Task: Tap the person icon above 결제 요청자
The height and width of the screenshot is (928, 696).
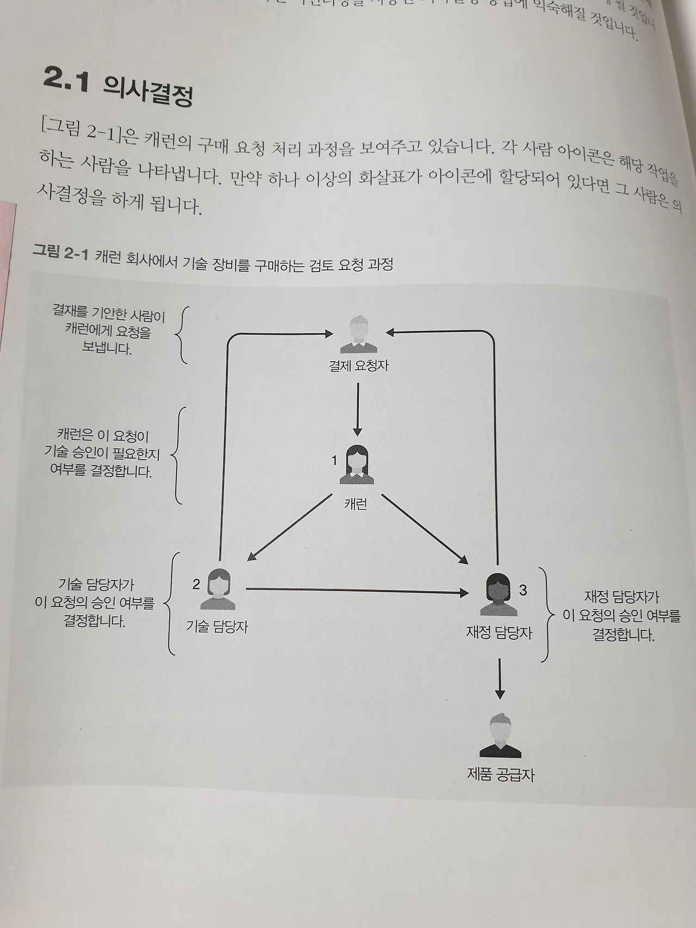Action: click(358, 334)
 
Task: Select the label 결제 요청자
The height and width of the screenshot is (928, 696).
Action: click(358, 366)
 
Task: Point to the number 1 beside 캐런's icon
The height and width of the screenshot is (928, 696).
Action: click(334, 460)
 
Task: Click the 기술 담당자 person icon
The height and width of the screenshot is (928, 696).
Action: click(218, 589)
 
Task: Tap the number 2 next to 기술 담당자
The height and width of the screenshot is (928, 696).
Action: click(196, 584)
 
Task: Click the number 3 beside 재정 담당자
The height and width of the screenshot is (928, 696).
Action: click(523, 590)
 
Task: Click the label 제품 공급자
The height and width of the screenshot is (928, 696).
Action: click(501, 775)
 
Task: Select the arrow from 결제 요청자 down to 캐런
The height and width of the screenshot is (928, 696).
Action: click(357, 409)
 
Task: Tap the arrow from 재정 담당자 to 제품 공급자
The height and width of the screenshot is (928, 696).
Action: click(500, 680)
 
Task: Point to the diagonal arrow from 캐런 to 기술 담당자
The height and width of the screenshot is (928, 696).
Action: click(290, 527)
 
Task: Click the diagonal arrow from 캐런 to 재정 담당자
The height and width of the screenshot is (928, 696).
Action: click(425, 529)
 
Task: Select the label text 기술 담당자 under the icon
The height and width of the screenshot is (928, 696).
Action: click(217, 627)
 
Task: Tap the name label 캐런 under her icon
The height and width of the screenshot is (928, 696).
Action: click(356, 504)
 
